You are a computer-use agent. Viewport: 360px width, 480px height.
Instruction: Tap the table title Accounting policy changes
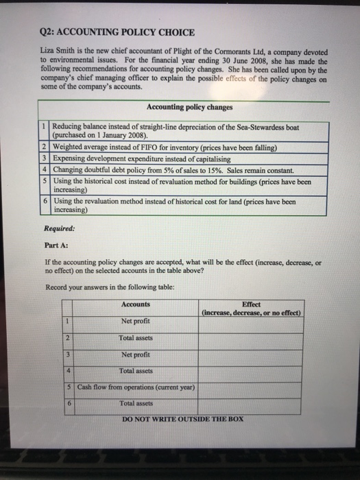pyautogui.click(x=189, y=108)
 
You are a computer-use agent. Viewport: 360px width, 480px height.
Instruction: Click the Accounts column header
pyautogui.click(x=135, y=304)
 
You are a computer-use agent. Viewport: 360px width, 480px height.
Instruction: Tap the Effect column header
pyautogui.click(x=251, y=304)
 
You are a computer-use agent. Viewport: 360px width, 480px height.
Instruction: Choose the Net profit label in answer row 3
pyautogui.click(x=136, y=355)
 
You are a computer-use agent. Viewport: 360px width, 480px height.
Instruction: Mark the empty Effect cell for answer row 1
pyautogui.click(x=251, y=322)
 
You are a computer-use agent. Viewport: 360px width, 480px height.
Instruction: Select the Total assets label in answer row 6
pyautogui.click(x=136, y=404)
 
